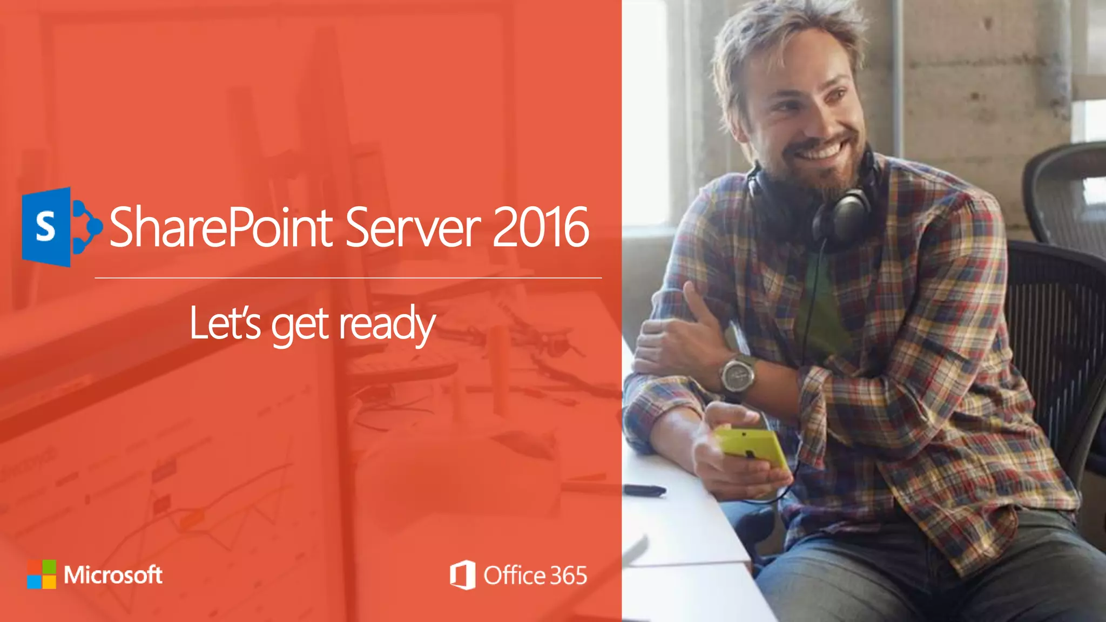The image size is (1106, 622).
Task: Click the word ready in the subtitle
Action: (387, 324)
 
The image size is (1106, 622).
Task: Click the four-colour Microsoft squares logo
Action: (42, 574)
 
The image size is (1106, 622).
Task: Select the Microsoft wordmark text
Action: (113, 574)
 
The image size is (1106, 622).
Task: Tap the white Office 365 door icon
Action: (463, 575)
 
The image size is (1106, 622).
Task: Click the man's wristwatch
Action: (738, 375)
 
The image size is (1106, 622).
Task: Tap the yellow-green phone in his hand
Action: (752, 445)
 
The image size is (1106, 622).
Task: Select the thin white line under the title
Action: (348, 278)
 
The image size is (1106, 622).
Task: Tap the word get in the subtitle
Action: (300, 325)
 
